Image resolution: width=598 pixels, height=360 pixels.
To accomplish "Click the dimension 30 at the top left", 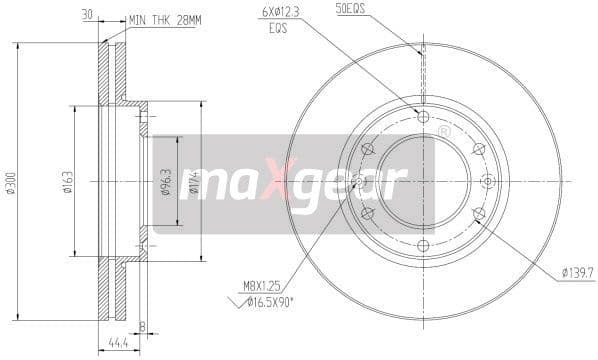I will click(x=88, y=16).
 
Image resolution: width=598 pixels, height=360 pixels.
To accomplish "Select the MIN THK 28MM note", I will click(x=164, y=18).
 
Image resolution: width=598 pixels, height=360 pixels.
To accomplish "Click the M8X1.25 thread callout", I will click(x=260, y=287).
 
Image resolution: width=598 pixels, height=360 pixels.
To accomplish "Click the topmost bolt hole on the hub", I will click(x=422, y=118).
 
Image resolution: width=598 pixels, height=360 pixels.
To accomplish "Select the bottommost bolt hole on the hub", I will click(x=422, y=245).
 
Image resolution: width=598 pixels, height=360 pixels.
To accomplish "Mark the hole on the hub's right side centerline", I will click(x=487, y=181).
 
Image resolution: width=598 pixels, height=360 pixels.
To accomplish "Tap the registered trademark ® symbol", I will click(x=443, y=131).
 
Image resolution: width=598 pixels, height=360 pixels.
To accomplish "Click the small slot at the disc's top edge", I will click(x=422, y=50).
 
